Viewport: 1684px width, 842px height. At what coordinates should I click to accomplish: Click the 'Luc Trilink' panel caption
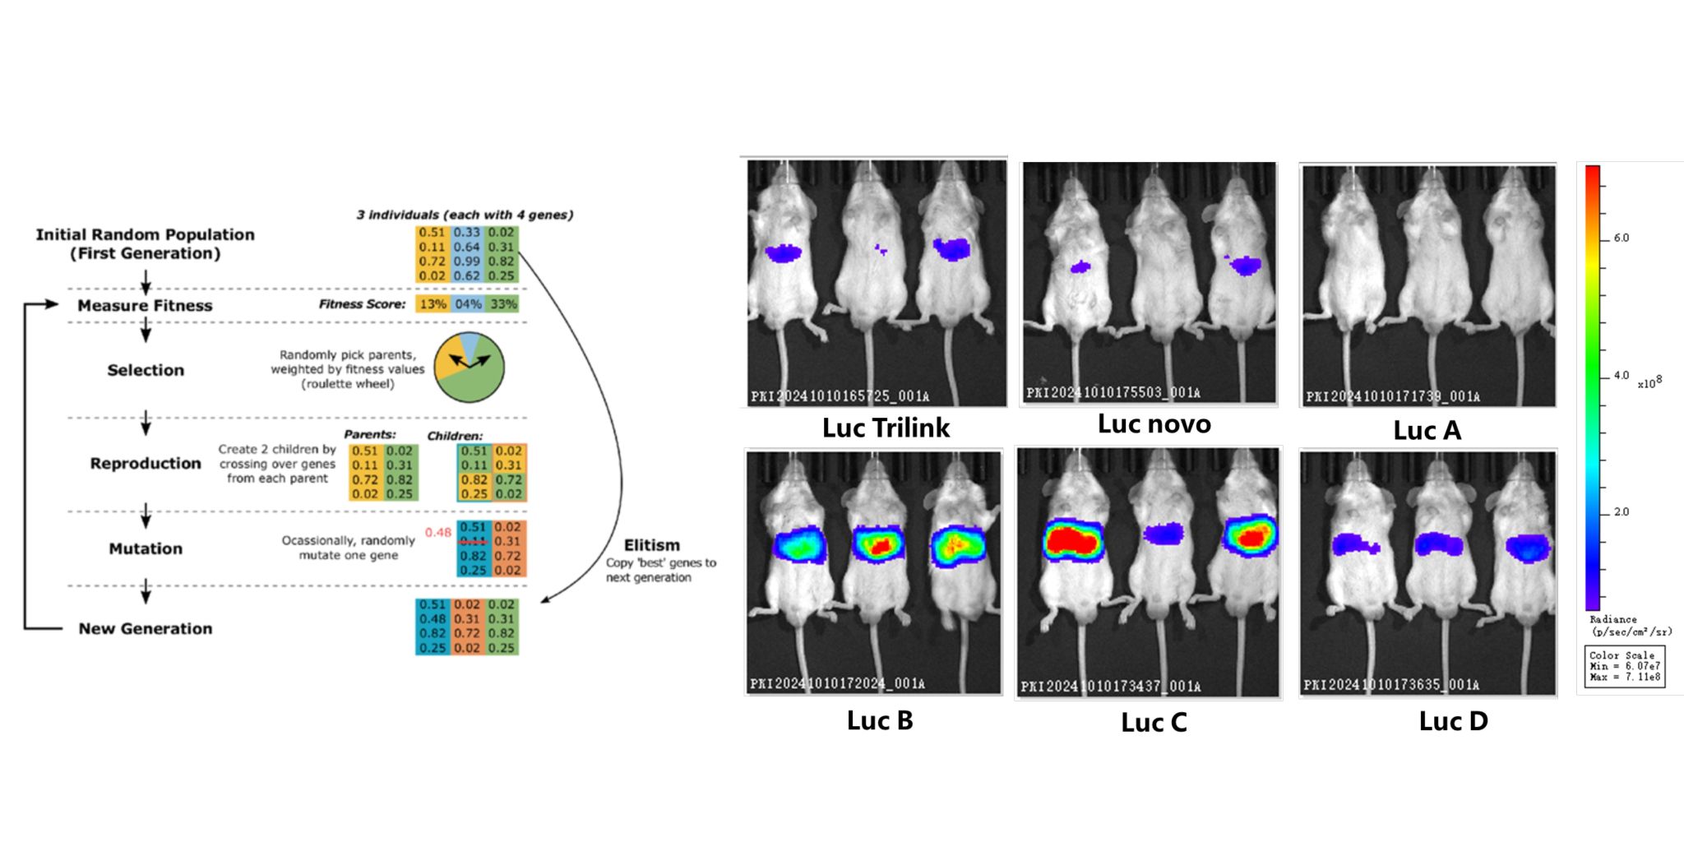click(886, 428)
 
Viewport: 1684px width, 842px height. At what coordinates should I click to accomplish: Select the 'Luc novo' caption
click(1154, 423)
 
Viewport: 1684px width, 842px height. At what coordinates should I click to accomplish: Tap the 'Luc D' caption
click(1453, 721)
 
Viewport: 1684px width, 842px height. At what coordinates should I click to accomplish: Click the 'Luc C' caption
click(1154, 722)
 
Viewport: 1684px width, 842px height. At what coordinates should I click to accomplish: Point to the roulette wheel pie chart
click(469, 368)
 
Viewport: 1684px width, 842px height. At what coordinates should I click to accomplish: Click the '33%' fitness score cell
click(503, 304)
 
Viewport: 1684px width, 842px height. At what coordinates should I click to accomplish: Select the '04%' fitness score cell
click(468, 304)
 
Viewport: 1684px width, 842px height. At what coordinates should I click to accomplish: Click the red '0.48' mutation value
click(437, 533)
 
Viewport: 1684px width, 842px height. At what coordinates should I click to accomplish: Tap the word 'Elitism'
click(651, 545)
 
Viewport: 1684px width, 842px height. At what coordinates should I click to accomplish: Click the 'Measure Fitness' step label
click(145, 306)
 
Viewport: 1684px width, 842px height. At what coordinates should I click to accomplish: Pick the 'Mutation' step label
click(146, 548)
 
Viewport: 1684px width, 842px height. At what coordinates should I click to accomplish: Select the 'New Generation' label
click(146, 629)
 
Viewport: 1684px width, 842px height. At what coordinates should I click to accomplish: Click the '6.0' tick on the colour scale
click(1621, 238)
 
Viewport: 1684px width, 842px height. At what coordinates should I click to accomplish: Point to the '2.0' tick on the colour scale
click(1621, 512)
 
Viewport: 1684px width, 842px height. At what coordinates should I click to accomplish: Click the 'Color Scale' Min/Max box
click(1624, 666)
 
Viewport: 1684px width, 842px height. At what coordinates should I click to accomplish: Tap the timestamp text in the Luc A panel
click(1393, 397)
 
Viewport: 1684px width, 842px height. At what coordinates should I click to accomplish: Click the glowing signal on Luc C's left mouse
click(1073, 539)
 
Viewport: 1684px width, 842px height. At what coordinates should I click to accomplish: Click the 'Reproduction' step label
click(146, 464)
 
